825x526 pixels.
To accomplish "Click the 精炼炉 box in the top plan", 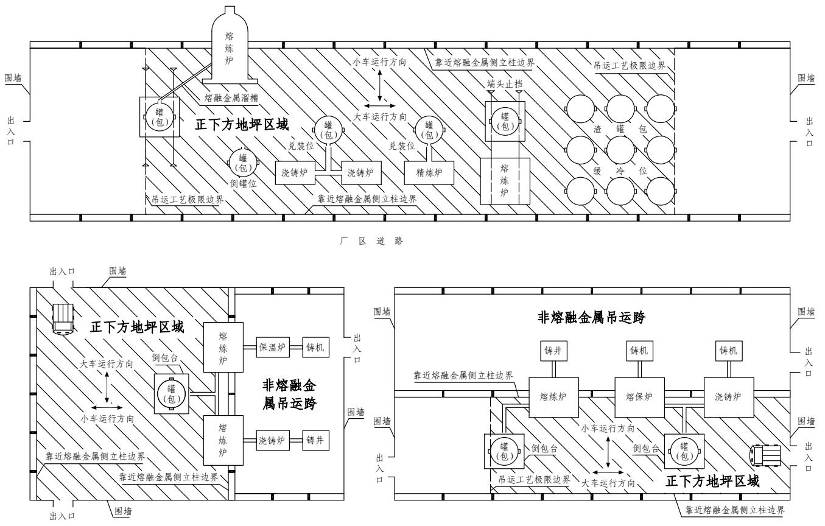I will tap(430, 172).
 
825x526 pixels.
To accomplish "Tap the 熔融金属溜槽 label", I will tap(231, 97).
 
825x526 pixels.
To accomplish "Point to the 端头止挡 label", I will tap(504, 83).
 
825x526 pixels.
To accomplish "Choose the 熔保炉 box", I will tap(639, 396).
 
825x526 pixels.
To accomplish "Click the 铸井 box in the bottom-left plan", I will tap(317, 439).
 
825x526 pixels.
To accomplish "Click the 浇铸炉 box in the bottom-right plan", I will tap(728, 396).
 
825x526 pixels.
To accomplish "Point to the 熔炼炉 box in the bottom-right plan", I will tap(553, 396).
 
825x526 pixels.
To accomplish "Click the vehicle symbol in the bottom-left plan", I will tap(62, 318).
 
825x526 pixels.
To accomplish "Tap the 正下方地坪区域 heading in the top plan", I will tap(241, 124).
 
